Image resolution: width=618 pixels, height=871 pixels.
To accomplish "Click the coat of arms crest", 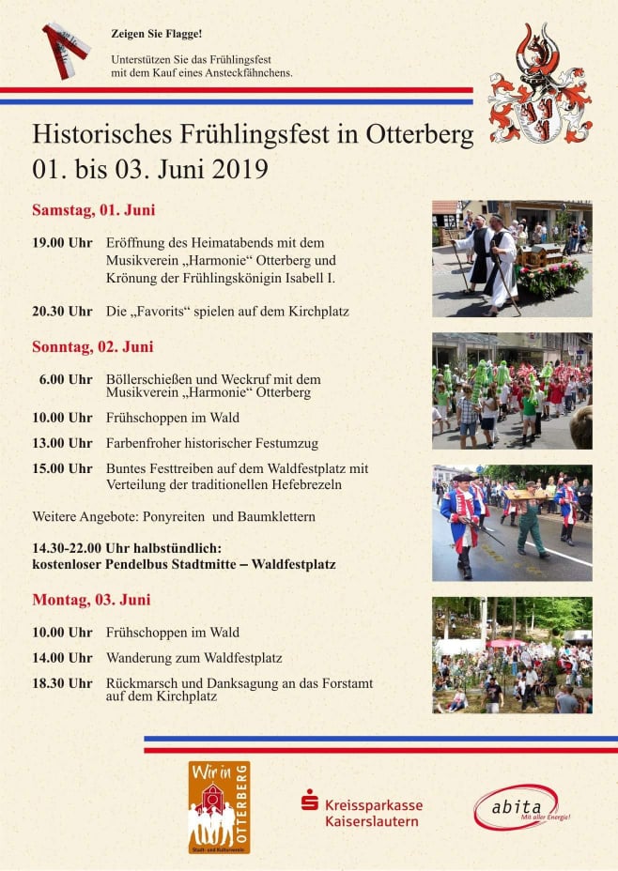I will click(x=539, y=84).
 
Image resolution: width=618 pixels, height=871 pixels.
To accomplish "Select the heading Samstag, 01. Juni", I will click(x=93, y=209).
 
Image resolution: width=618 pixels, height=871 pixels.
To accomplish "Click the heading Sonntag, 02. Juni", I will click(x=92, y=346).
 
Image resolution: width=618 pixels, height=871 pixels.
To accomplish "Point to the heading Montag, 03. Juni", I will click(x=91, y=599).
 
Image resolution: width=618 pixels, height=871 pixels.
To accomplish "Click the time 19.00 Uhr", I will click(x=62, y=242).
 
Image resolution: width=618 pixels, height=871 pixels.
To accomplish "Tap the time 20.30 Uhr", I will click(x=62, y=311).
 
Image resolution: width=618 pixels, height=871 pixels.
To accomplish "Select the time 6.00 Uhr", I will click(x=66, y=379).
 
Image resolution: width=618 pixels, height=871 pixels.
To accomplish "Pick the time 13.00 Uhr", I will click(x=62, y=443).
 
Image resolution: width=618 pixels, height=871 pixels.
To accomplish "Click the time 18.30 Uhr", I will click(x=62, y=683).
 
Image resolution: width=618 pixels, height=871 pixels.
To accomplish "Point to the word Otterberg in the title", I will click(x=413, y=134).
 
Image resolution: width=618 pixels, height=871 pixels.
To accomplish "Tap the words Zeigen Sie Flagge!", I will click(x=156, y=34).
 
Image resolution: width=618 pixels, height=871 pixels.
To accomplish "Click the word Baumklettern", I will click(x=280, y=517).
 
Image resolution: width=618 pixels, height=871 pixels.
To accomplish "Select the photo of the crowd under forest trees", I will click(x=512, y=654).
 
